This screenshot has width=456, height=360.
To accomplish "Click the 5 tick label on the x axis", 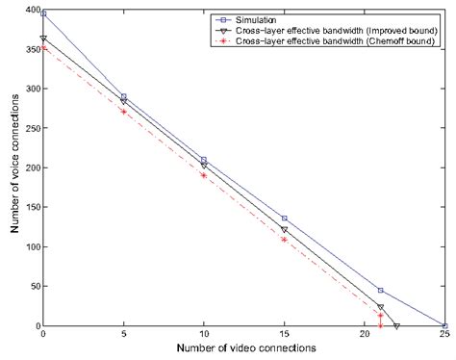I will pos(123,335).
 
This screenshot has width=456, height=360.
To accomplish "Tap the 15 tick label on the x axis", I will pos(284,335).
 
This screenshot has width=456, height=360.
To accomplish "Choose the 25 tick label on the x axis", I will pos(444,335).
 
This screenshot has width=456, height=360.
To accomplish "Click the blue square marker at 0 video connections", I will pos(43,14).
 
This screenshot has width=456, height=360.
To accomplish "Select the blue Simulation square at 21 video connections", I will pos(381,290).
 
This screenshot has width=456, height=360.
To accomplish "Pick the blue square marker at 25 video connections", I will pos(444,325).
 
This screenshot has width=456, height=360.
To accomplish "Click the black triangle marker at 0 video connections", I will pos(43,39).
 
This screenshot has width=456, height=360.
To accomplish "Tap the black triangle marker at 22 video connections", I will pos(396,325).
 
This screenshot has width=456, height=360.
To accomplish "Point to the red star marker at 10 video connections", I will pos(204,175).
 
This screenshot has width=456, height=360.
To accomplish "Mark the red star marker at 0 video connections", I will pos(43,47).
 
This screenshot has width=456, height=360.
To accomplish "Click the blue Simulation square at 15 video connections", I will pos(284,219).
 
